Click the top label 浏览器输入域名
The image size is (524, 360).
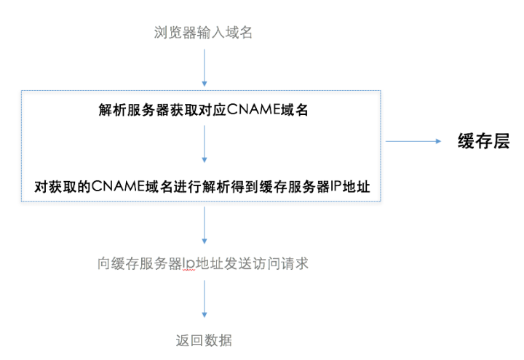[x=204, y=32]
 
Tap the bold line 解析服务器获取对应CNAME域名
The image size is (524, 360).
[x=205, y=110]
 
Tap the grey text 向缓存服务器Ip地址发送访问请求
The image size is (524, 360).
[x=204, y=263]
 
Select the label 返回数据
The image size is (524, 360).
[x=204, y=340]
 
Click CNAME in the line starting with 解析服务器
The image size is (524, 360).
[x=254, y=110]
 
